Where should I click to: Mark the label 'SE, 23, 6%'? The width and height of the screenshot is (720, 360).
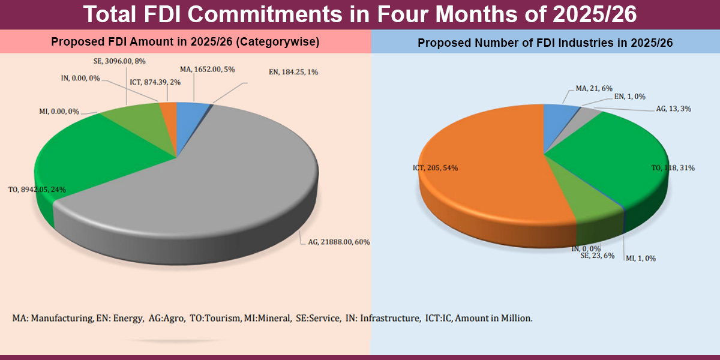click(597, 256)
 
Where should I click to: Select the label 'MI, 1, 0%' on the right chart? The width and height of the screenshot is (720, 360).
click(641, 258)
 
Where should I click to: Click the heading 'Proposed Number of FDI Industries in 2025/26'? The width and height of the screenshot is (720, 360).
click(545, 43)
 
